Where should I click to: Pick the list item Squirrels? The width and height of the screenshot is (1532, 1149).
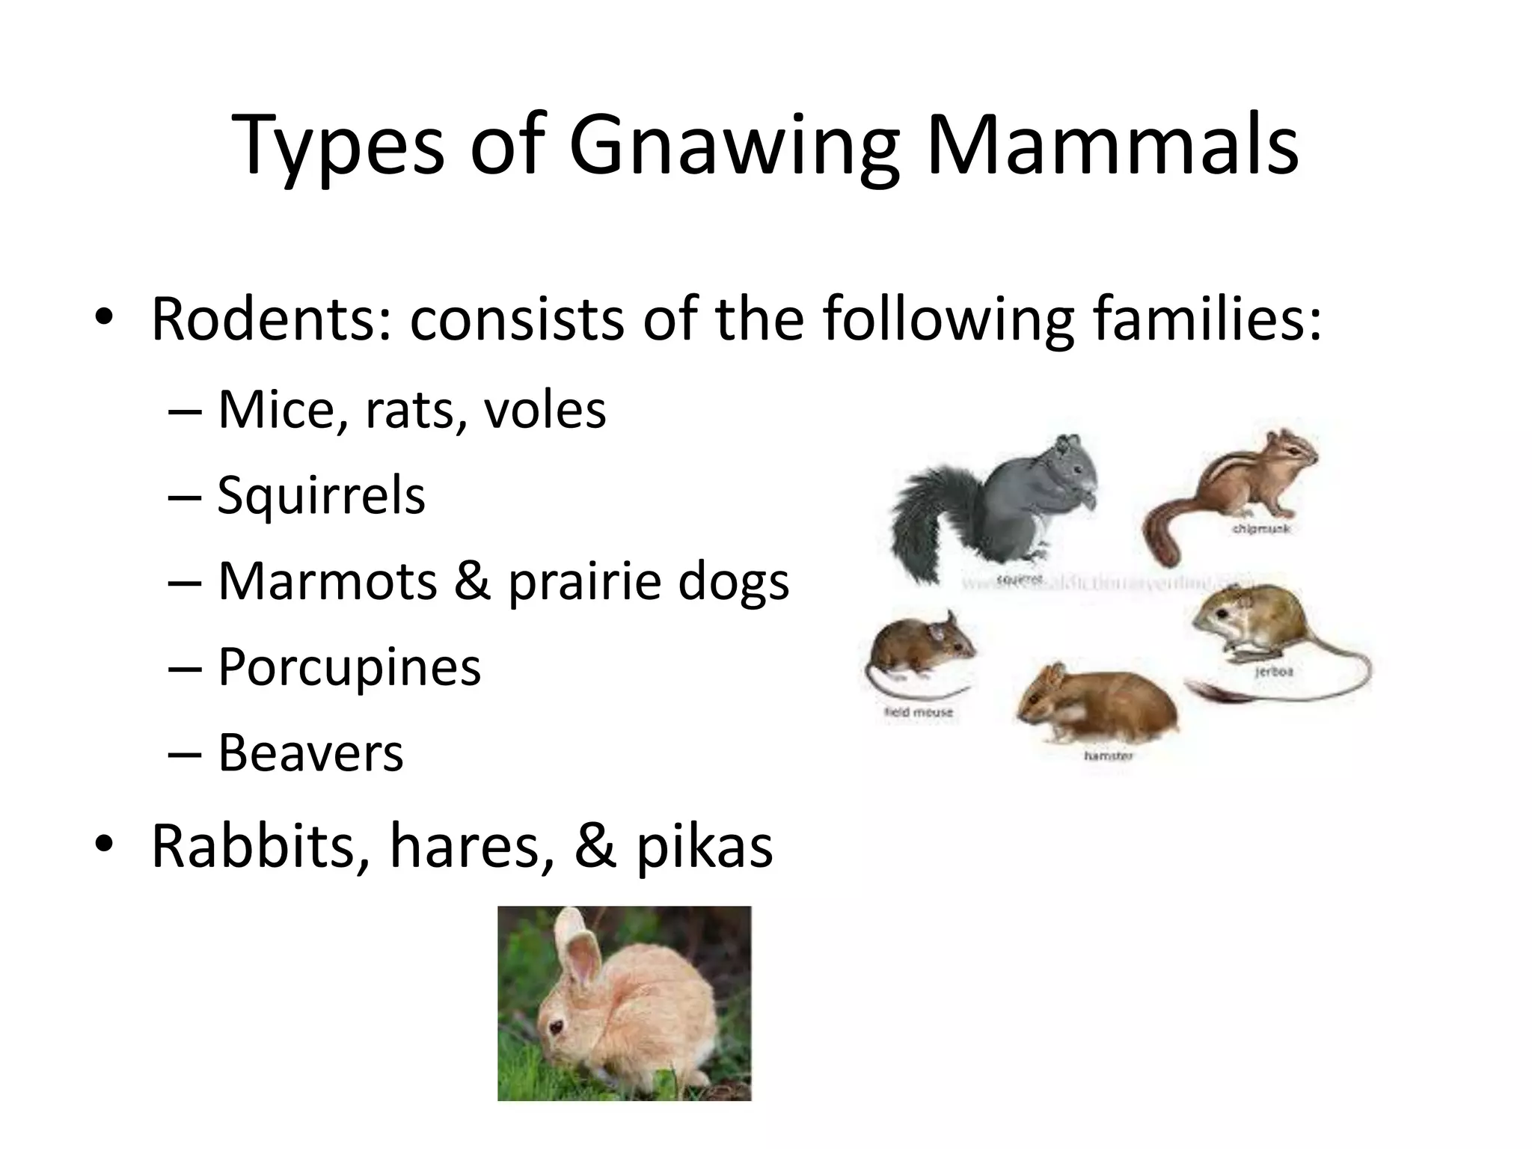pos(321,495)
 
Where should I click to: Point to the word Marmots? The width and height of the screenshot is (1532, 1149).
pos(327,581)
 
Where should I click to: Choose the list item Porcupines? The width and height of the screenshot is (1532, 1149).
pos(349,666)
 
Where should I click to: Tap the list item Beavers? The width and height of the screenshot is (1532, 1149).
pos(310,752)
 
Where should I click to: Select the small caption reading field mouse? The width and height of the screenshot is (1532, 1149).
pos(919,712)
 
